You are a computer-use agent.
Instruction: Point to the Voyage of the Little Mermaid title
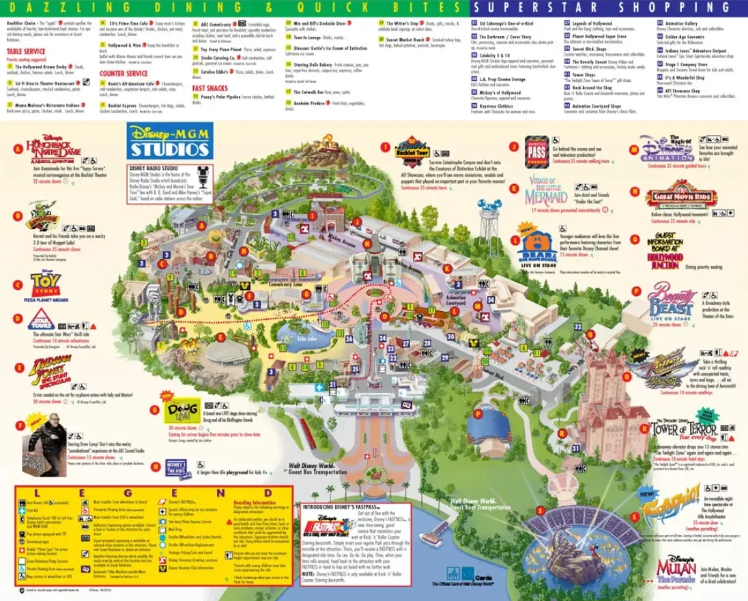(x=546, y=190)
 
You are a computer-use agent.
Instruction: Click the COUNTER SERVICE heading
(x=124, y=74)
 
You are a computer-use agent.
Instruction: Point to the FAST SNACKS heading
(x=210, y=88)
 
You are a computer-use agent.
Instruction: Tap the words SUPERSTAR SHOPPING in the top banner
(x=609, y=8)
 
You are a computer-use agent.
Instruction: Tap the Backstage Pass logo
(x=537, y=152)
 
